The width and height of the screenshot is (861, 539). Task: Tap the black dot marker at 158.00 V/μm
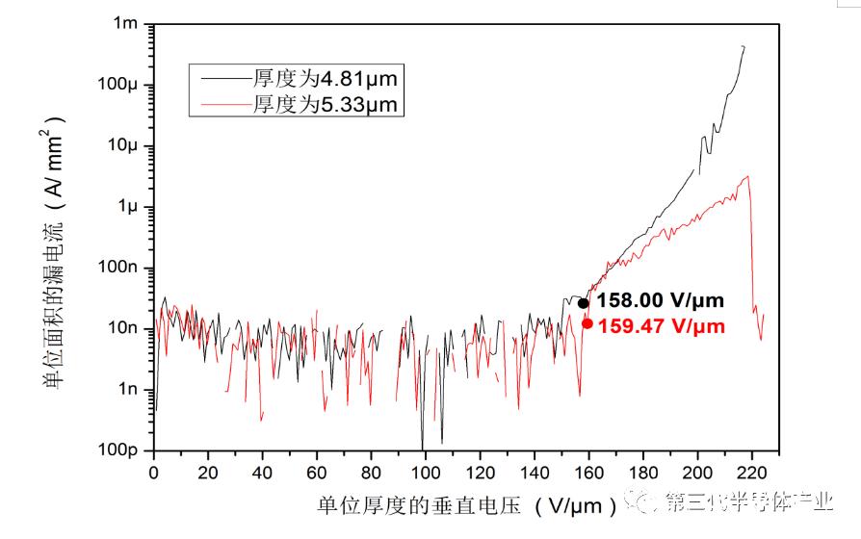click(x=583, y=303)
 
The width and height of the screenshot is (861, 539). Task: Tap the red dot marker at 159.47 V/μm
click(x=587, y=323)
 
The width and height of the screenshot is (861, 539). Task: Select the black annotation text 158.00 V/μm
click(x=661, y=301)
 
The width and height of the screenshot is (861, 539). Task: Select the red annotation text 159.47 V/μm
click(x=662, y=326)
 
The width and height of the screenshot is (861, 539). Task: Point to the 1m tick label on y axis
click(x=127, y=23)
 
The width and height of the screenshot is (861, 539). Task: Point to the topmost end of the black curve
click(x=743, y=46)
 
